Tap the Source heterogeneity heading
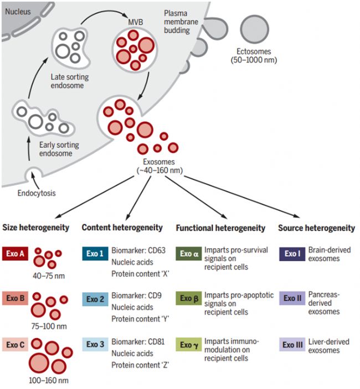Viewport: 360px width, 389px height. click(316, 227)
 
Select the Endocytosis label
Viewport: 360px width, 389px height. click(38, 194)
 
